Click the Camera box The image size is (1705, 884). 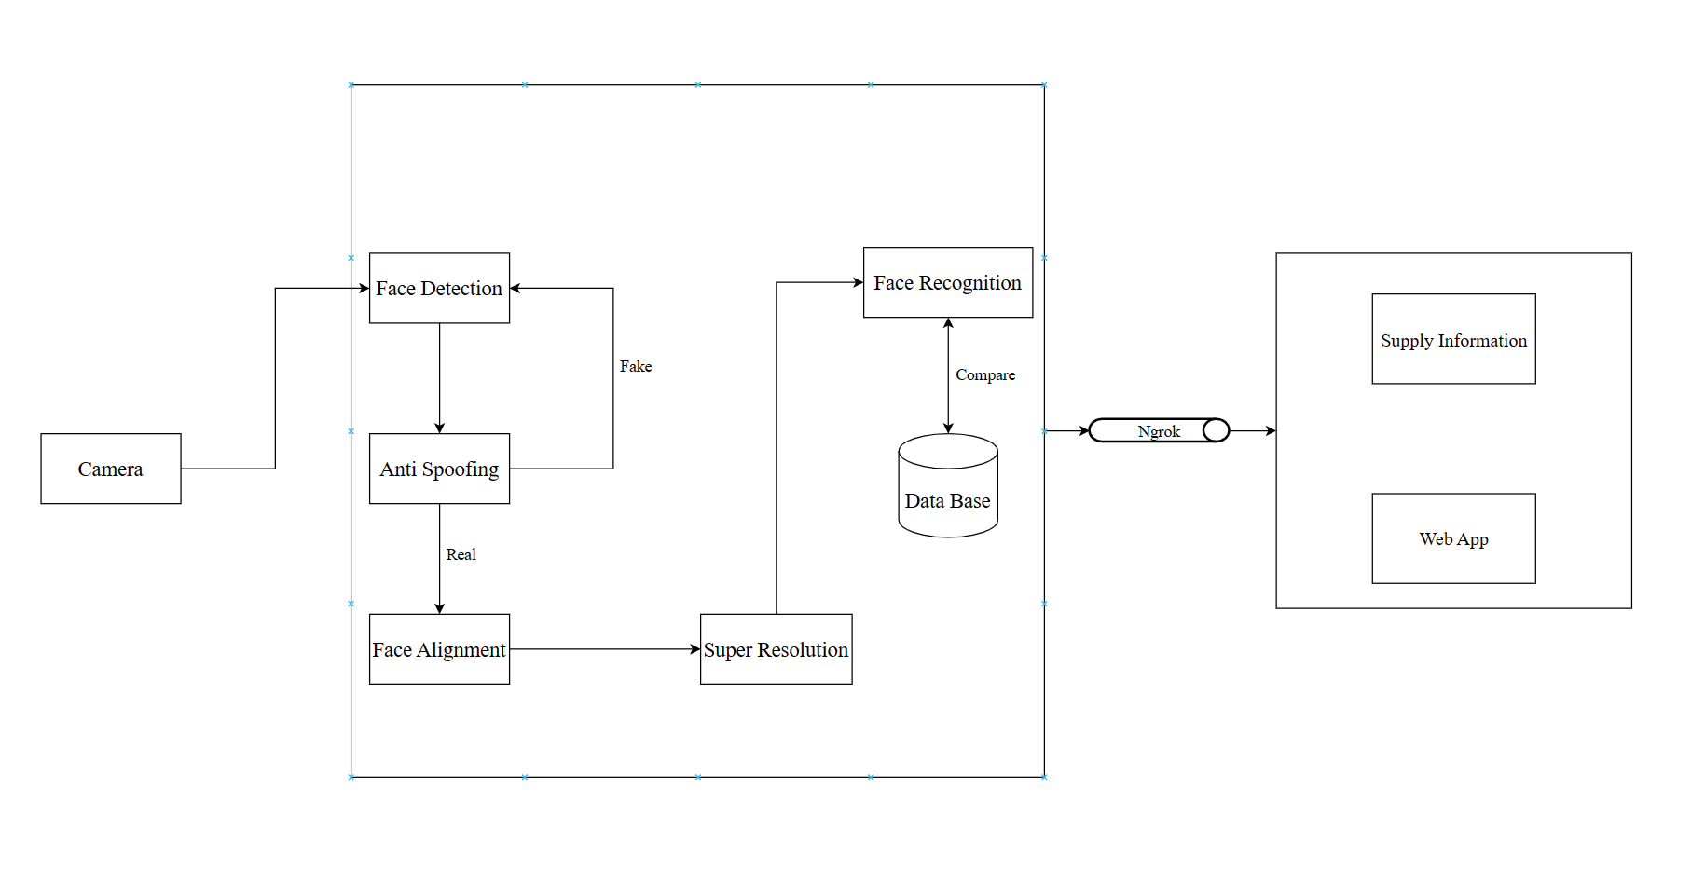[x=110, y=469]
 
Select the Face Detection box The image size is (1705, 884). [x=439, y=288]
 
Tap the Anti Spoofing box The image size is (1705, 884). [x=439, y=469]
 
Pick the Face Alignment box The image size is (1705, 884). [x=439, y=649]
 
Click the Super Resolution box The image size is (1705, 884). [x=776, y=649]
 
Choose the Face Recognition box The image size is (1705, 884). [x=947, y=282]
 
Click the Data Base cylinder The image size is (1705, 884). [x=947, y=494]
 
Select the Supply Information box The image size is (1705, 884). [x=1453, y=339]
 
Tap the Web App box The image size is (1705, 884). [x=1453, y=538]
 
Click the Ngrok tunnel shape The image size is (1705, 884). [x=1156, y=430]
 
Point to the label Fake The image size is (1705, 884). [x=636, y=366]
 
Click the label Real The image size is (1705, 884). [x=461, y=554]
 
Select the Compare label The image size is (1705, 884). [x=984, y=374]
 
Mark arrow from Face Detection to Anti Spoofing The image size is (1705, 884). [x=439, y=377]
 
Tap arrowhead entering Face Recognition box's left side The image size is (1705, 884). [x=858, y=282]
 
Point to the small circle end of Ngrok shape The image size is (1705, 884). [x=1216, y=430]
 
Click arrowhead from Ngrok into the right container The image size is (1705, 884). [x=1270, y=430]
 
